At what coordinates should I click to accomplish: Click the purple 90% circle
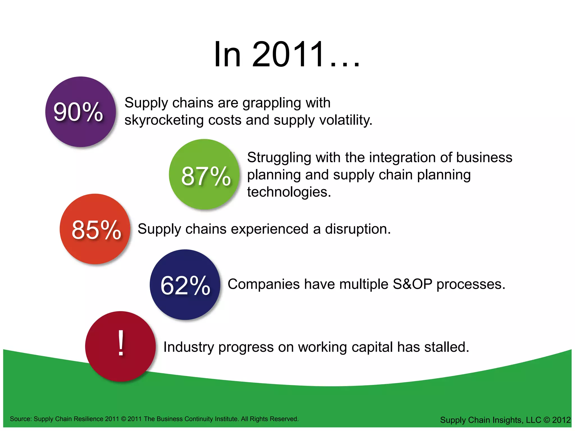click(x=81, y=112)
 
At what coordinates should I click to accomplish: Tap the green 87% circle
click(x=204, y=174)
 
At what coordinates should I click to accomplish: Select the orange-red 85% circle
click(x=95, y=229)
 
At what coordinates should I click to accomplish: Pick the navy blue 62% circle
click(x=185, y=285)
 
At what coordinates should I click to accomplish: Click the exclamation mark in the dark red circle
click(x=121, y=343)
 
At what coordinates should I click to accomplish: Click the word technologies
click(x=289, y=192)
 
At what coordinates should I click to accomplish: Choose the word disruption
click(x=358, y=229)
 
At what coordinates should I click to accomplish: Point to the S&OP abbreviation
click(x=412, y=284)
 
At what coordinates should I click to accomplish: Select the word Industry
click(x=189, y=347)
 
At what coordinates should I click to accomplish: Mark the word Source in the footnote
click(x=20, y=419)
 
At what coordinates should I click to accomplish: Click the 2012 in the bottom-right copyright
click(x=561, y=420)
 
